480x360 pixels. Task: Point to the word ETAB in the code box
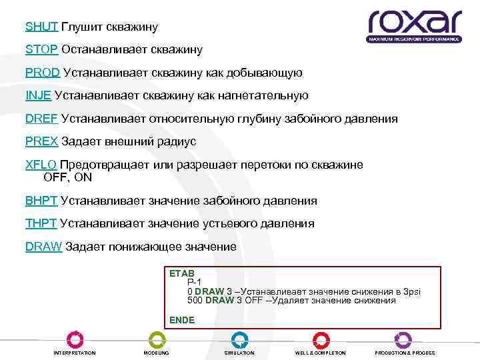(x=181, y=273)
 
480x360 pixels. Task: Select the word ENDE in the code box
(x=182, y=320)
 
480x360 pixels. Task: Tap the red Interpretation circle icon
(x=75, y=339)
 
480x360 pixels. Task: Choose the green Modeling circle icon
(x=157, y=339)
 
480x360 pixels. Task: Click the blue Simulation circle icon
(x=239, y=339)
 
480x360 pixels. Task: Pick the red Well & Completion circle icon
(x=321, y=339)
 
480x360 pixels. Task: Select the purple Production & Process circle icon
(x=403, y=339)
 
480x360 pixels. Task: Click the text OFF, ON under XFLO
(x=67, y=178)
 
